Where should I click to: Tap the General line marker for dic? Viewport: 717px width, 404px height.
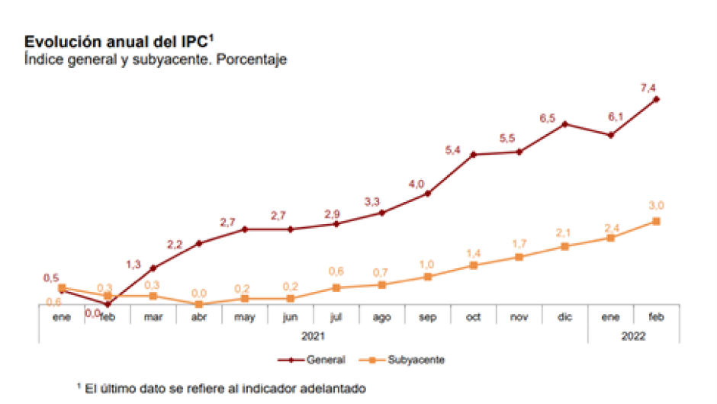[x=565, y=123]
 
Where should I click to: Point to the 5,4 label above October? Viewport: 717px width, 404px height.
[x=453, y=150]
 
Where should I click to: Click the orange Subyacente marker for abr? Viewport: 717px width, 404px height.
[x=198, y=304]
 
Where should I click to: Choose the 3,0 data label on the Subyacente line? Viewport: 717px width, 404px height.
[x=657, y=204]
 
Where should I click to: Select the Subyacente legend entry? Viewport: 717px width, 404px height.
[x=405, y=359]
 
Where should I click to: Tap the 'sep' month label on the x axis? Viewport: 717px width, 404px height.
[x=427, y=317]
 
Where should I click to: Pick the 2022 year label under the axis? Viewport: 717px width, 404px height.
[x=633, y=335]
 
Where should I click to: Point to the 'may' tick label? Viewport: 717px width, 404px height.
[x=244, y=317]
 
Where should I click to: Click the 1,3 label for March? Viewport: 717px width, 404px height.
[x=133, y=264]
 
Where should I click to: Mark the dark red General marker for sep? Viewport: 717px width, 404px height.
[x=428, y=194]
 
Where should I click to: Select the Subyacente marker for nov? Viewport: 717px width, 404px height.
[x=519, y=257]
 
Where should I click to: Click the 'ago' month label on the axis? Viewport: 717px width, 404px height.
[x=381, y=317]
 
